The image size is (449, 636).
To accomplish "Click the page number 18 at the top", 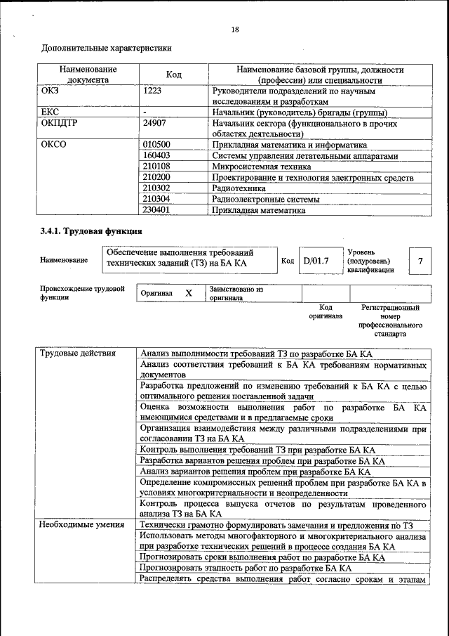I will tap(235, 30).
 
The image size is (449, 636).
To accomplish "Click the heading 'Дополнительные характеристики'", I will tap(107, 48).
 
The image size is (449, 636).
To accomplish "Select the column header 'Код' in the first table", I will tap(173, 75).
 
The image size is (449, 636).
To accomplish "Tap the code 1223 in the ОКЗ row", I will tap(154, 91).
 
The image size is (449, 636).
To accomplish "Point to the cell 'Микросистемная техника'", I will tap(261, 167).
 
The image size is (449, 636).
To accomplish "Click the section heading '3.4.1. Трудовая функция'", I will tap(91, 231).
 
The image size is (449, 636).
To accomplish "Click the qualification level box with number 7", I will tap(420, 261).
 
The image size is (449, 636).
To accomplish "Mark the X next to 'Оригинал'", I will tap(188, 293).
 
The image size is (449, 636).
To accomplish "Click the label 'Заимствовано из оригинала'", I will tap(236, 293).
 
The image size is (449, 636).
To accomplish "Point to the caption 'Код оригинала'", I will tap(326, 312).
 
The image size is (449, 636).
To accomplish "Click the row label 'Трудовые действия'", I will tap(77, 353).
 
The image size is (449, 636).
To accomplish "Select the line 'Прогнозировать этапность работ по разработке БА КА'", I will tap(246, 568).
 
